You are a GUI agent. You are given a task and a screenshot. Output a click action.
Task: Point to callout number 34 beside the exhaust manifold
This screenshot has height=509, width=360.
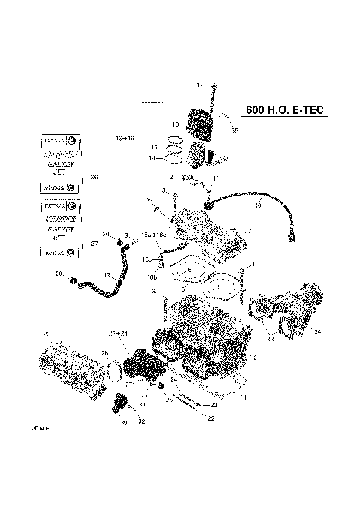[x=318, y=331]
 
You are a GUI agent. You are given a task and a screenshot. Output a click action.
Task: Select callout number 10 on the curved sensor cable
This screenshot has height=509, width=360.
[x=258, y=205]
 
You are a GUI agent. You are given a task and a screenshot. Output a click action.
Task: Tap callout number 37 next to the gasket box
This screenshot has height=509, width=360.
[x=94, y=244]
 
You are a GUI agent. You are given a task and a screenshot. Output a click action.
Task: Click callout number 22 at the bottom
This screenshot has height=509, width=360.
[x=211, y=418]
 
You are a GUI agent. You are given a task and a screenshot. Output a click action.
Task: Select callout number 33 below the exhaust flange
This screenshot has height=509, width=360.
[x=270, y=340]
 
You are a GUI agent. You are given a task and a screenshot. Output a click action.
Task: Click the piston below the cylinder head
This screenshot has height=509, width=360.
[x=196, y=154]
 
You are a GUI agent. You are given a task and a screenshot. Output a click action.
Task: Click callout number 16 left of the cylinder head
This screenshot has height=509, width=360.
[x=173, y=124]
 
